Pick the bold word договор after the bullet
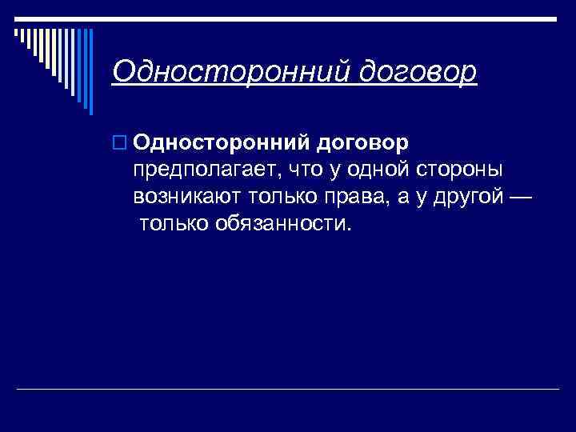pyautogui.click(x=363, y=142)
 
